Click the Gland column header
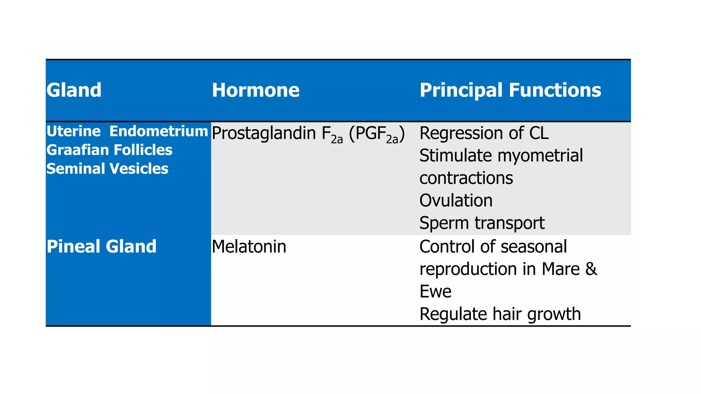point(74,90)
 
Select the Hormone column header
point(255,90)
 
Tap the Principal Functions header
point(510,90)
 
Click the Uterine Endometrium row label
point(127,131)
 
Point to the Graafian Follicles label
point(109,150)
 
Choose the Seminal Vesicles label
point(107,169)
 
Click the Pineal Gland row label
point(101,246)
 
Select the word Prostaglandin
point(264,133)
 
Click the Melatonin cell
point(249,247)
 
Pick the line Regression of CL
point(484,133)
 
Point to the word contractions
point(466,178)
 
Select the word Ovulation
point(456,200)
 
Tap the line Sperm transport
point(482,223)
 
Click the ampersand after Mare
point(591,269)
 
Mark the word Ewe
point(435,291)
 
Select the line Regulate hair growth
point(500,314)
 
